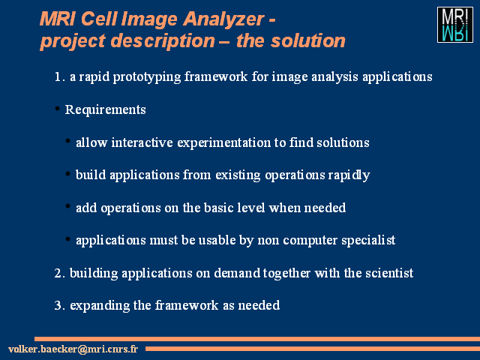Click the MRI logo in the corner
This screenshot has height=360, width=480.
[x=455, y=25]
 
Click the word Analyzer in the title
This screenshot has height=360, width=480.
[x=223, y=19]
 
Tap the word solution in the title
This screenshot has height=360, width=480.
[x=308, y=40]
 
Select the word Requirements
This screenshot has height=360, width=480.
[x=105, y=110]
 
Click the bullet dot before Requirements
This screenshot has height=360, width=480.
[x=57, y=108]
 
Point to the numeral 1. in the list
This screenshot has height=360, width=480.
[x=60, y=76]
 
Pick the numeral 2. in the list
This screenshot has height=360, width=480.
[x=60, y=273]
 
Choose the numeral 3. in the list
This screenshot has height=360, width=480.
[x=60, y=305]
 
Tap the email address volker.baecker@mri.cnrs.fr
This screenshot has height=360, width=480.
[x=73, y=349]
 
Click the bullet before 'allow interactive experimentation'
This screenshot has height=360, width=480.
[x=68, y=141]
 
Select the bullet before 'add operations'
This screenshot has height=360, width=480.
[x=68, y=206]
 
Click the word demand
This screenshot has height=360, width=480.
[x=237, y=273]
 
